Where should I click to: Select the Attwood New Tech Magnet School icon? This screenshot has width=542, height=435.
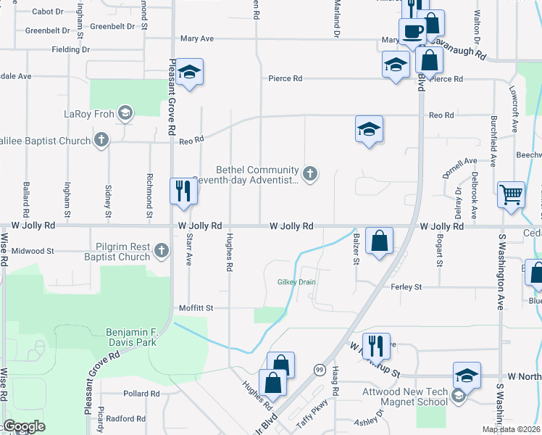[x=457, y=395]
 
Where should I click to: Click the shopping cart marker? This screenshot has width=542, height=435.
[x=512, y=194]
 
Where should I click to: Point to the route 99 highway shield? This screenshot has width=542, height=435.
[x=319, y=370]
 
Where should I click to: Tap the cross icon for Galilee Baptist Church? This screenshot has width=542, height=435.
[x=101, y=141]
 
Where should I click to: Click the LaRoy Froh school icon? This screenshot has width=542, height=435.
[x=125, y=113]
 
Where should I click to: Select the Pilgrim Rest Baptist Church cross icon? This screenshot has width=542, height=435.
[x=161, y=251]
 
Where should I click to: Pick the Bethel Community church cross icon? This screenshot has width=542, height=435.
[x=310, y=173]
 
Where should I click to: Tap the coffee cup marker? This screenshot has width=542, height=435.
[x=413, y=32]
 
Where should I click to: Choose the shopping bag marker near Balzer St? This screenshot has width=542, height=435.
[x=379, y=239]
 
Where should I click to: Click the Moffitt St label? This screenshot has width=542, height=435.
[x=196, y=308]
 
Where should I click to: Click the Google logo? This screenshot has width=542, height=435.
[x=25, y=427]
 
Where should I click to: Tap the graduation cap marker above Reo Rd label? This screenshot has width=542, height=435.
[x=369, y=130]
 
